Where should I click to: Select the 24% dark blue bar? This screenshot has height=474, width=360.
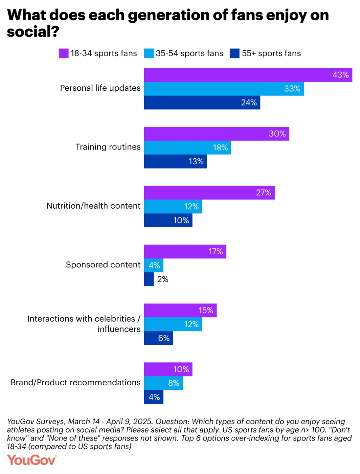(x=202, y=102)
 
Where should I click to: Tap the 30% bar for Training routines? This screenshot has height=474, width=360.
(x=216, y=134)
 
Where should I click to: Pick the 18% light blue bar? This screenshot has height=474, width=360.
(x=187, y=147)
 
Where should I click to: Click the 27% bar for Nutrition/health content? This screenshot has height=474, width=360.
(x=209, y=192)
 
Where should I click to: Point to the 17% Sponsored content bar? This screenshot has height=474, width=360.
(x=185, y=252)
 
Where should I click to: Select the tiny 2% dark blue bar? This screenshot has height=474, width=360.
(x=149, y=279)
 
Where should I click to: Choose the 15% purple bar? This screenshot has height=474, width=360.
(x=180, y=310)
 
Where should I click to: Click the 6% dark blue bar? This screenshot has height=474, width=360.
(x=158, y=338)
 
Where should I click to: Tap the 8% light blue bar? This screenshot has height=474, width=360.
(x=163, y=383)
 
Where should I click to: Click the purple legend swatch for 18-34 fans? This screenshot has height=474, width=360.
(x=64, y=53)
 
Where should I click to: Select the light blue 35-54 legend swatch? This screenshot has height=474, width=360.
(x=149, y=53)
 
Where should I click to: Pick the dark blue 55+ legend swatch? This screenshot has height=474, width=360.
(x=234, y=53)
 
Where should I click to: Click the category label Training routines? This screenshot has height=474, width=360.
(x=108, y=147)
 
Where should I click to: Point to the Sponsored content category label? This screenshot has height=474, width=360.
(x=103, y=265)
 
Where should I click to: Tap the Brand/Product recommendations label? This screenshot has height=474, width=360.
(x=76, y=383)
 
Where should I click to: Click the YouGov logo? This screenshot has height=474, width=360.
(x=32, y=460)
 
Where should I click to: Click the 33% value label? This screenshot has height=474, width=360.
(x=292, y=89)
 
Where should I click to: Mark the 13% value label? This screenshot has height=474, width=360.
(x=196, y=162)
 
